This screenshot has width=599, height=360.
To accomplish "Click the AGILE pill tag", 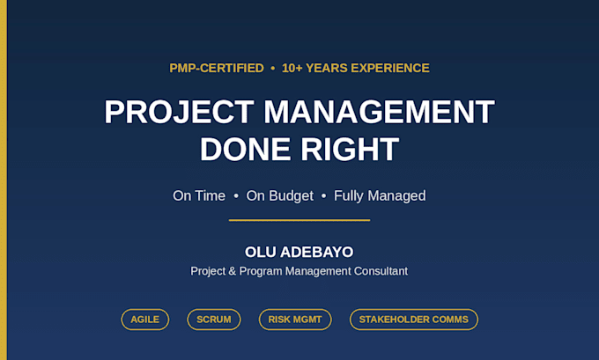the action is (x=145, y=320).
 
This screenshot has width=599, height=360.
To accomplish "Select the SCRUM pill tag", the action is (x=214, y=320).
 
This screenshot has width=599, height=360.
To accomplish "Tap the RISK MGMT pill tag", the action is (x=295, y=320).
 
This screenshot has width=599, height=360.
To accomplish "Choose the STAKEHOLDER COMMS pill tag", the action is (x=414, y=320).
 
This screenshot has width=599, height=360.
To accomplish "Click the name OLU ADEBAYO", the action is (x=299, y=252).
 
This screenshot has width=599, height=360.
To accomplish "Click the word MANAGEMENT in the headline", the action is (x=379, y=112).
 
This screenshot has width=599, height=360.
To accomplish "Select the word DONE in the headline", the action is (x=245, y=150).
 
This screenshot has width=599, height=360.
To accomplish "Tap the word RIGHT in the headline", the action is (x=350, y=150).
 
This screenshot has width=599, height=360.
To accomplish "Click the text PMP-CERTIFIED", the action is (x=217, y=68).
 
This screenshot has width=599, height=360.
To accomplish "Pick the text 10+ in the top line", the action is (x=292, y=68).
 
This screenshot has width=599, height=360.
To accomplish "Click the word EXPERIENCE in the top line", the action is (x=390, y=68).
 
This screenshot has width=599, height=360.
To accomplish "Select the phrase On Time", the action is (x=199, y=195).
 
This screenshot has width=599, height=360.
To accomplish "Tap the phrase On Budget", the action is (x=279, y=196).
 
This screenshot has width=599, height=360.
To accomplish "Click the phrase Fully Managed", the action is (x=380, y=196).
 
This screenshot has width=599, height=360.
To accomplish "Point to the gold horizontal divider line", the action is (x=299, y=220).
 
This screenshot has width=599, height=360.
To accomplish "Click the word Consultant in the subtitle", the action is (x=381, y=271).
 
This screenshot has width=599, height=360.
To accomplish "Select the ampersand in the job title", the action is (x=232, y=271).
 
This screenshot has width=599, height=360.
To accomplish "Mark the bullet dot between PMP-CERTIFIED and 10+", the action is (x=273, y=69).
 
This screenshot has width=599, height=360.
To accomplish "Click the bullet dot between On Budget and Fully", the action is (x=323, y=195).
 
